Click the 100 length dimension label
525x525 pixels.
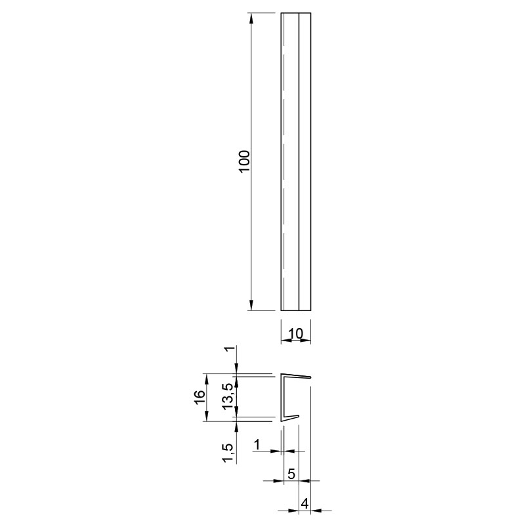click(x=245, y=161)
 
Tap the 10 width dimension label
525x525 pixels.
click(x=296, y=333)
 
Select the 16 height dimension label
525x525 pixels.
click(x=199, y=398)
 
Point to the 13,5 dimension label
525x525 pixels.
click(x=228, y=397)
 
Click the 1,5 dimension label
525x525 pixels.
click(x=228, y=453)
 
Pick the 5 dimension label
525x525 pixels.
click(x=291, y=474)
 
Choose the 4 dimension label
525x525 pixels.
click(x=304, y=503)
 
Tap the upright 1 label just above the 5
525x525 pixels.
click(x=257, y=445)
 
